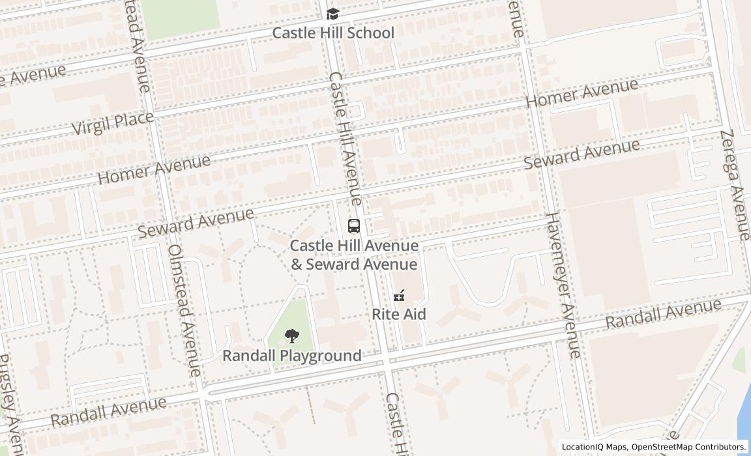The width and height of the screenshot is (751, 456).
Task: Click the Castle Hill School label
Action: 332,33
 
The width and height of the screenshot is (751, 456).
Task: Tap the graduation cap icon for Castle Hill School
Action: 332,14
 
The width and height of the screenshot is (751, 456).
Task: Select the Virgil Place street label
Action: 113,122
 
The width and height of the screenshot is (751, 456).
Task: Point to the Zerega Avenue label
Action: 736,184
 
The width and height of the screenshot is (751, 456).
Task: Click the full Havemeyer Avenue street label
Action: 563,285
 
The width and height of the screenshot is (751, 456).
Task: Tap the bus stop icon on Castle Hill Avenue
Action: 353,227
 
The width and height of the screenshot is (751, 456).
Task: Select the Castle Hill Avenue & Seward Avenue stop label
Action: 353,255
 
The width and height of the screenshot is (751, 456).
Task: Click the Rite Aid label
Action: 399,314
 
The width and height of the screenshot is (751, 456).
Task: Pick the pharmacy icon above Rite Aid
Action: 399,296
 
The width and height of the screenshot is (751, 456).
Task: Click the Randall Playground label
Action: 291,356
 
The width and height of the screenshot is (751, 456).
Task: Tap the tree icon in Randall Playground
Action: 291,336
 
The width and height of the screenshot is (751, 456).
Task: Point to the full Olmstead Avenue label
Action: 184,310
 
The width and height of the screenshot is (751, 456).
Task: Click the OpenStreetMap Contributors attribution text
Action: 688,447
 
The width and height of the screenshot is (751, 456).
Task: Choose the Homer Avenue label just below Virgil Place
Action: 155,169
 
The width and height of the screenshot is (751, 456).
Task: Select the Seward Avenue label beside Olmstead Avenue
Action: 196,223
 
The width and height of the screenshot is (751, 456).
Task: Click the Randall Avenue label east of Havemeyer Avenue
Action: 663,314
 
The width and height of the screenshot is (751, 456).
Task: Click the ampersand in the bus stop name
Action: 297,264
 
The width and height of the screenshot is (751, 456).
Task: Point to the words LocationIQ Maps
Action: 594,447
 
